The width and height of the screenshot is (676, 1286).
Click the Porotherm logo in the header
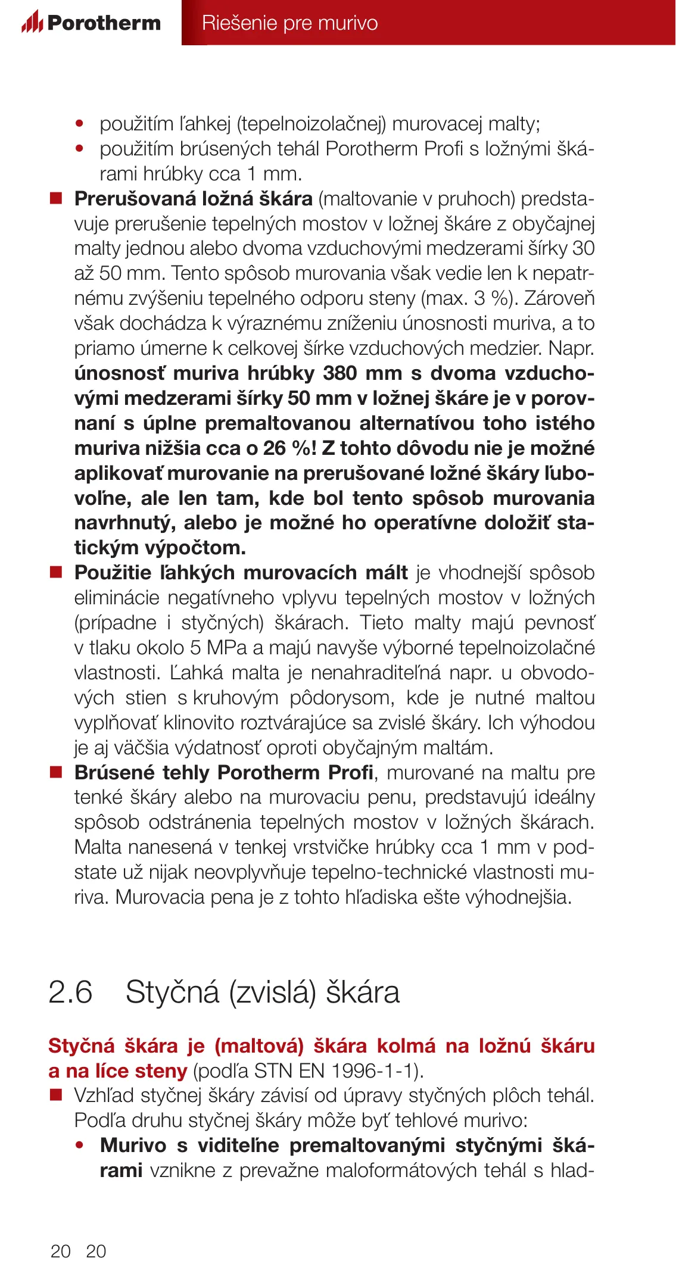(x=91, y=23)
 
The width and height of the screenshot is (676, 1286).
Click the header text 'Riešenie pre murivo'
(x=289, y=23)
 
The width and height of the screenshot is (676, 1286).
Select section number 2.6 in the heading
(x=70, y=992)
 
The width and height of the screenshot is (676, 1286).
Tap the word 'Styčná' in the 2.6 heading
(x=173, y=992)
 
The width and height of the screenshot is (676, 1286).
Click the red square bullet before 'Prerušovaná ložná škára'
(x=56, y=198)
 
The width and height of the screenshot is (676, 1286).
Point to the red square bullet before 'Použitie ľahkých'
(x=56, y=572)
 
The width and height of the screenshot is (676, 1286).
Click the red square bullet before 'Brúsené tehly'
(x=56, y=772)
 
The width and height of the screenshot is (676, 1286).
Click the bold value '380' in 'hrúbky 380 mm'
(x=339, y=373)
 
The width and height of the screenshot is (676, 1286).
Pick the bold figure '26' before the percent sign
(x=275, y=448)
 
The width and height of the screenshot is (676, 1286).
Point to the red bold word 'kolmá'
(x=406, y=1046)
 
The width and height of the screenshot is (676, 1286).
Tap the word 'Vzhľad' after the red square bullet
(x=105, y=1095)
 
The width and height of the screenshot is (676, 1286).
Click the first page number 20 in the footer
(x=61, y=1251)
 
